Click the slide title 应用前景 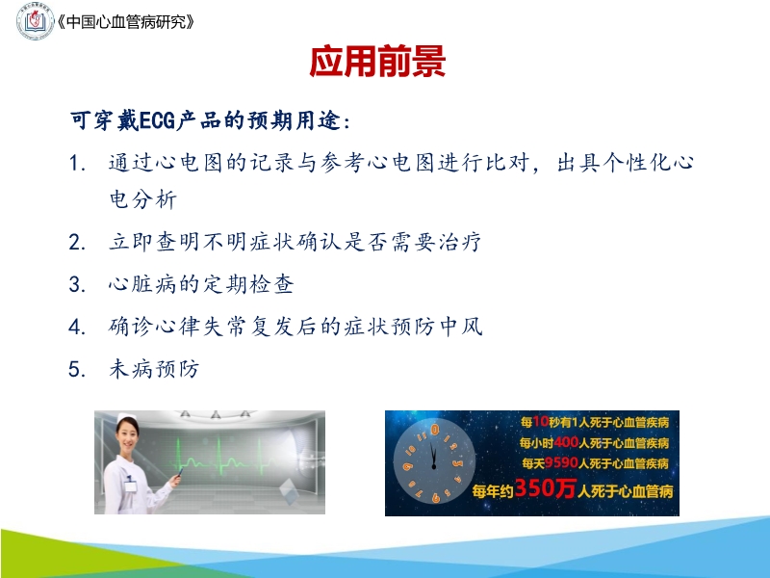pyautogui.click(x=377, y=62)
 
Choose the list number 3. pyautogui.click(x=78, y=285)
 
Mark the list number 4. pyautogui.click(x=78, y=328)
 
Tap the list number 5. pyautogui.click(x=78, y=370)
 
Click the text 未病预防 pyautogui.click(x=154, y=370)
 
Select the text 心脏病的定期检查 pyautogui.click(x=200, y=285)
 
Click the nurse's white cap pyautogui.click(x=127, y=424)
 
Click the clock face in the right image pyautogui.click(x=434, y=462)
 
